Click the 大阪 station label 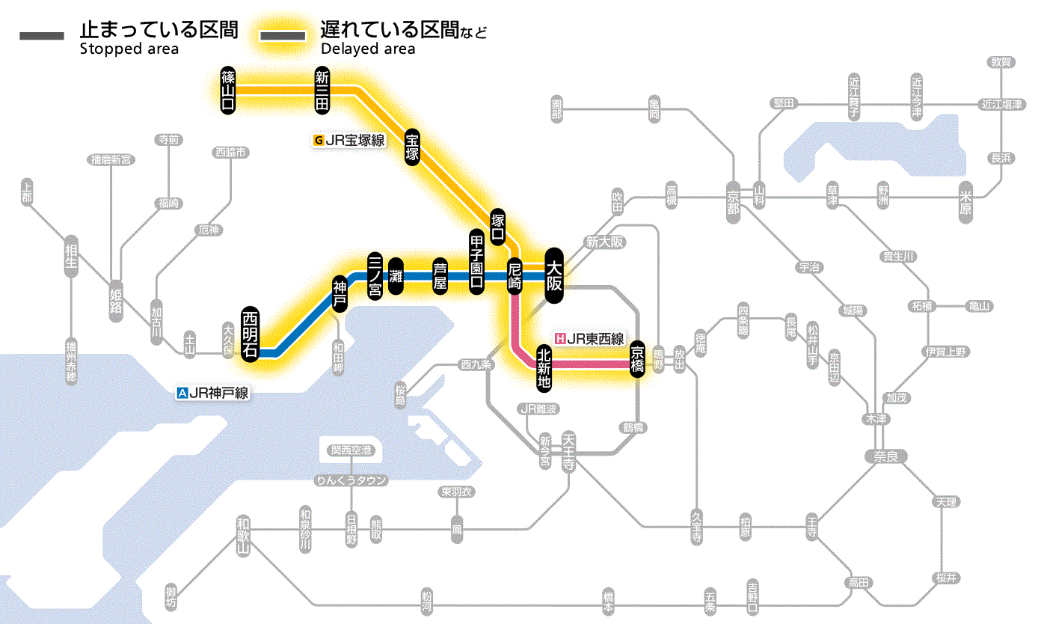[554, 275]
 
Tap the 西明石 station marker [250, 334]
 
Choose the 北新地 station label [544, 367]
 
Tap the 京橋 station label [637, 360]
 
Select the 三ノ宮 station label [375, 275]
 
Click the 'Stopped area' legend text [129, 49]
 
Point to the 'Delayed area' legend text [368, 49]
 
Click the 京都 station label [733, 200]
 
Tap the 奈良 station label [885, 455]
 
